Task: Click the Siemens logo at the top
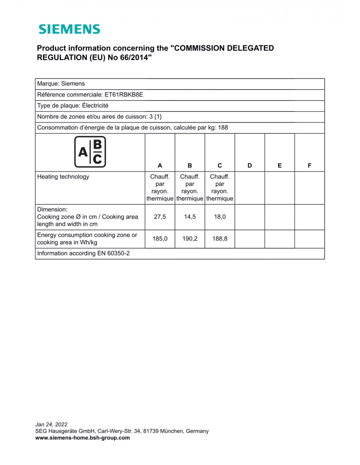click(x=69, y=29)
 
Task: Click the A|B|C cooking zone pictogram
click(x=90, y=152)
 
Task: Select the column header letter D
click(x=250, y=165)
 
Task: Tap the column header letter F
click(x=310, y=165)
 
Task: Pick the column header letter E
click(x=279, y=165)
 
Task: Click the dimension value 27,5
click(x=160, y=217)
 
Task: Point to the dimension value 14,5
click(x=190, y=217)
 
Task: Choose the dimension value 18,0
click(x=220, y=217)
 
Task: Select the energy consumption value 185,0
click(x=160, y=239)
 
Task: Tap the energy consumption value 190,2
click(x=190, y=239)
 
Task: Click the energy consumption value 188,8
click(x=220, y=239)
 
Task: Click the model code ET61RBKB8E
click(x=124, y=95)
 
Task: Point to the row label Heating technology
click(x=63, y=177)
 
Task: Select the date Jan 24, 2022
click(x=51, y=424)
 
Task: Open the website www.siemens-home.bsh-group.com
click(x=82, y=438)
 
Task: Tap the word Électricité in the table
click(x=95, y=106)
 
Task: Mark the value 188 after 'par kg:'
click(x=223, y=128)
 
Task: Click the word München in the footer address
click(x=172, y=431)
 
